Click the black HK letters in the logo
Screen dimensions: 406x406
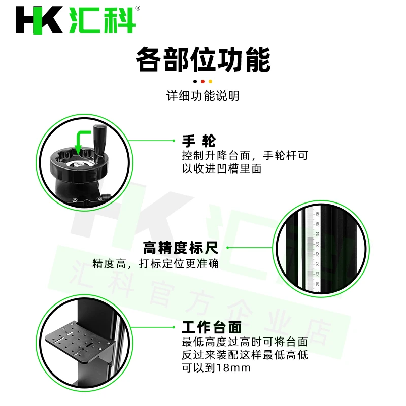[x=39, y=20]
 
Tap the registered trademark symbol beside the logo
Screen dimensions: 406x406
[x=138, y=8]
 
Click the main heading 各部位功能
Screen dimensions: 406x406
[x=203, y=59]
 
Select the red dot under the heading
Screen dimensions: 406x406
[x=202, y=82]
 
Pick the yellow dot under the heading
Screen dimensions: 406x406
[x=210, y=82]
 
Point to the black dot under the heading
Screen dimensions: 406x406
[x=195, y=82]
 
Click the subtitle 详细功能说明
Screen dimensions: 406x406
[x=202, y=96]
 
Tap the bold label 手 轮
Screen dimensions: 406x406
[x=199, y=141]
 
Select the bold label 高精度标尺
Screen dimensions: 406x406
[x=181, y=248]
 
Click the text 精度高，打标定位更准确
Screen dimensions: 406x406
[x=156, y=264]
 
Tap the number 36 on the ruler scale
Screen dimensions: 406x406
[x=318, y=214]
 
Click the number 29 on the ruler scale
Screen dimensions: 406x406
[x=318, y=284]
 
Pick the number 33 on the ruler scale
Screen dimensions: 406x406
[x=318, y=244]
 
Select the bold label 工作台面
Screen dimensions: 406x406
[x=212, y=327]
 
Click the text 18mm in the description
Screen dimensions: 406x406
[x=233, y=368]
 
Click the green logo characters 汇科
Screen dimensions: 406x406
[x=103, y=20]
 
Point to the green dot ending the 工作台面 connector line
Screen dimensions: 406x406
[x=174, y=327]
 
